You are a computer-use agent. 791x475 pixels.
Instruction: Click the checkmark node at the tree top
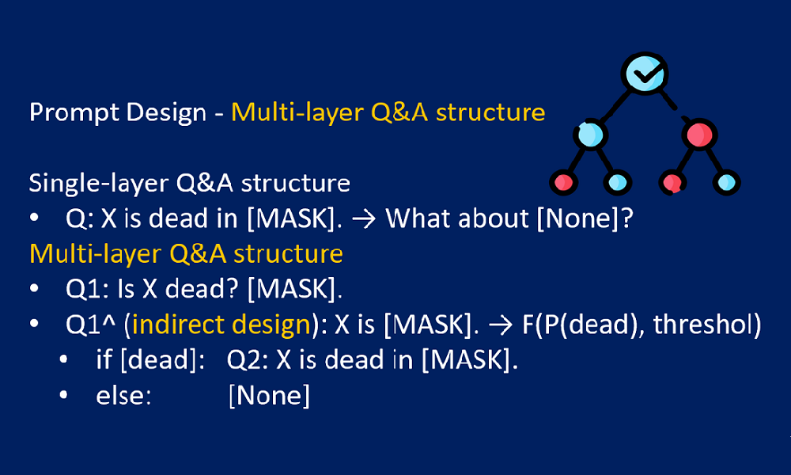[644, 73]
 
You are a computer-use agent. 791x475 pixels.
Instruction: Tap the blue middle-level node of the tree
[590, 135]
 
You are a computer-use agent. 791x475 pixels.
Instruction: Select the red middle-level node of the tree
[699, 135]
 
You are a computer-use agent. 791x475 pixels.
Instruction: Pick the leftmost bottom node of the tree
[563, 182]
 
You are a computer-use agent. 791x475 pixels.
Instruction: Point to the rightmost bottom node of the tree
[726, 182]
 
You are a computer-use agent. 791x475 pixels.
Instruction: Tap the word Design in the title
[166, 112]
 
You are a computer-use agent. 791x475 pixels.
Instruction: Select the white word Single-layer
[98, 184]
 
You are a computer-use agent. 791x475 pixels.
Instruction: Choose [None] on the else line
[270, 396]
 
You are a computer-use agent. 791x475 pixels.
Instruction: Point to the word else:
[123, 396]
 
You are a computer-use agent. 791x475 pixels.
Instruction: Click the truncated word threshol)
[707, 324]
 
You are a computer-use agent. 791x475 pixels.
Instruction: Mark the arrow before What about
[364, 219]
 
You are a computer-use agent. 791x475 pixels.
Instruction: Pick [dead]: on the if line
[163, 360]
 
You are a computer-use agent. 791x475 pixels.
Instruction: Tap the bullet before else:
[63, 395]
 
